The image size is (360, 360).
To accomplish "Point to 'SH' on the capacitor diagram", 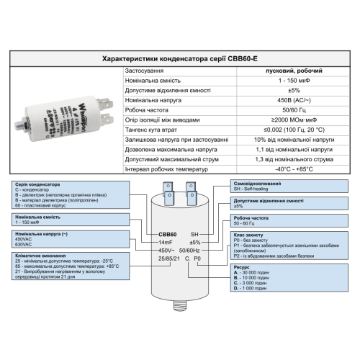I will tap(194, 235).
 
